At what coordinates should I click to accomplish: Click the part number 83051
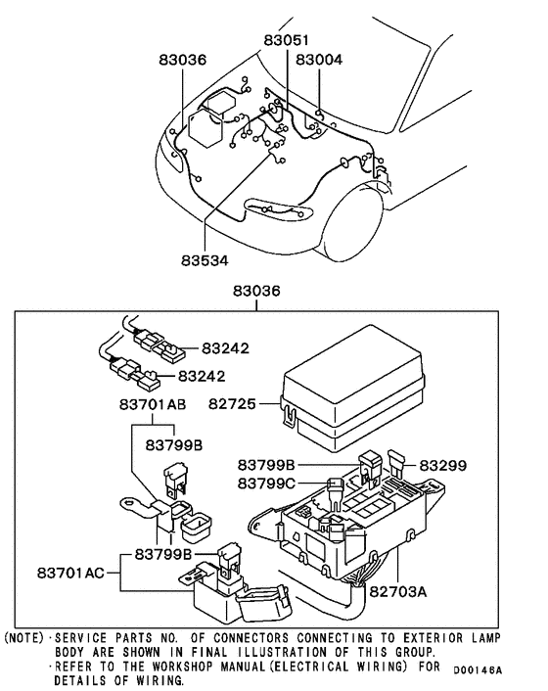[x=288, y=41]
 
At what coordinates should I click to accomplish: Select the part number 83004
[x=319, y=60]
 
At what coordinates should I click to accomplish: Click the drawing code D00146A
[x=478, y=670]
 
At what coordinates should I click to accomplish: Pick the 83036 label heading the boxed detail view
[x=256, y=293]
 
